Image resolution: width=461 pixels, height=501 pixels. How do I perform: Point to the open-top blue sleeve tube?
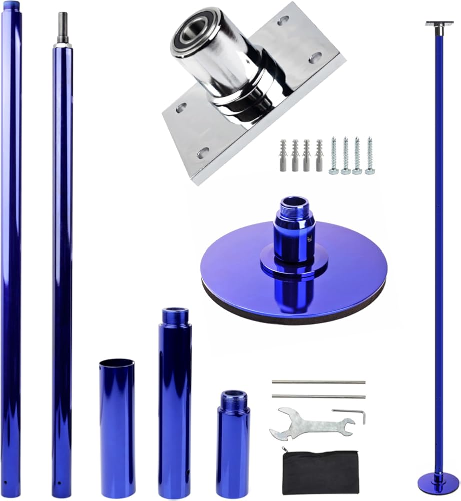point(116,428)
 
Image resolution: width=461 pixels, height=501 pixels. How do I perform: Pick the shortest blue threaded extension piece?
point(233,443)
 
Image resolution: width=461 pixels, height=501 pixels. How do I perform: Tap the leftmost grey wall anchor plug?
point(283,155)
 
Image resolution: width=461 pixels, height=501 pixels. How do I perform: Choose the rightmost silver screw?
point(370,156)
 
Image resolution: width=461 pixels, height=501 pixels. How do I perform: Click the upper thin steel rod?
point(318,382)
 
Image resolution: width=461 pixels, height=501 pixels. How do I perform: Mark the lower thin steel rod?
point(318,396)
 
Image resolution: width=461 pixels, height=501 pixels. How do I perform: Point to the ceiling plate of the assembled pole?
point(439,23)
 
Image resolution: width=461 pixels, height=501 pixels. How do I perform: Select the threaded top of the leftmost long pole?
point(11,6)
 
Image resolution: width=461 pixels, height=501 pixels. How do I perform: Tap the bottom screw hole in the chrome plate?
point(202,153)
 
